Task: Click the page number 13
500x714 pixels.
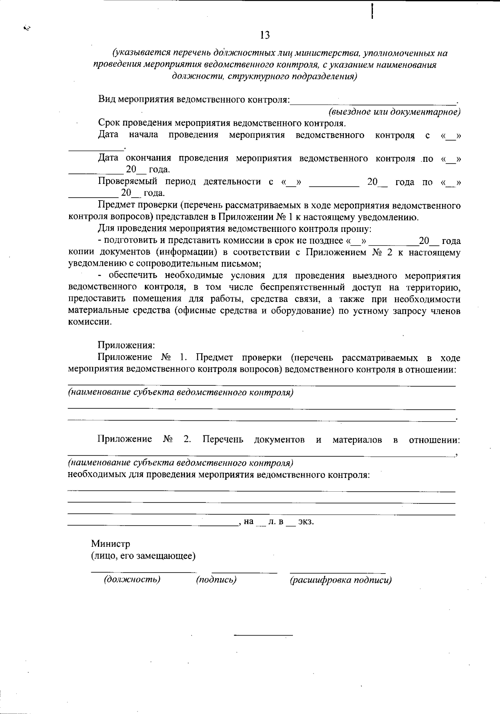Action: pyautogui.click(x=265, y=35)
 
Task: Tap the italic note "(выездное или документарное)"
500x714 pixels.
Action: pyautogui.click(x=394, y=112)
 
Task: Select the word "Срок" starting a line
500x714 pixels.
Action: pyautogui.click(x=108, y=123)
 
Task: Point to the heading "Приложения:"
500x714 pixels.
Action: pyautogui.click(x=126, y=345)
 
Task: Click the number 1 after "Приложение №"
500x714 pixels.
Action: pyautogui.click(x=181, y=358)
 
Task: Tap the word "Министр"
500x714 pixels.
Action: pyautogui.click(x=110, y=544)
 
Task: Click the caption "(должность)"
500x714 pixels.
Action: pyautogui.click(x=132, y=579)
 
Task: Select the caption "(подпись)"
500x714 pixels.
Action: pyautogui.click(x=216, y=579)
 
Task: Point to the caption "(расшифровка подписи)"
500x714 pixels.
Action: pyautogui.click(x=340, y=580)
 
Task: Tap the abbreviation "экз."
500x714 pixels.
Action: pyautogui.click(x=306, y=521)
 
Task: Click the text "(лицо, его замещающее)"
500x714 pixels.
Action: pyautogui.click(x=143, y=556)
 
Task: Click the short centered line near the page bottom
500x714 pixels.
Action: pyautogui.click(x=263, y=635)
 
